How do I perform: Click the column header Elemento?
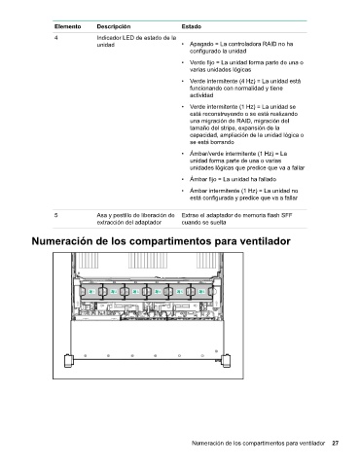tap(67, 26)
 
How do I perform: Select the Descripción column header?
tap(114, 26)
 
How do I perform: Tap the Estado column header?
tap(192, 26)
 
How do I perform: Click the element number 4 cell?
tap(56, 38)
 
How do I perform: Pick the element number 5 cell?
tap(56, 215)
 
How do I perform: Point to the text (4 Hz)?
tap(247, 81)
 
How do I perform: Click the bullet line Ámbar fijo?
tap(234, 179)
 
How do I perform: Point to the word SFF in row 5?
tap(287, 215)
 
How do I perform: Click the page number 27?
tap(336, 443)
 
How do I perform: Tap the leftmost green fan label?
tap(91, 292)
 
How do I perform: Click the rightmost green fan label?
tap(201, 292)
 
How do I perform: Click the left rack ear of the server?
tap(68, 360)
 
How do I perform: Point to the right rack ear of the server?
tap(226, 360)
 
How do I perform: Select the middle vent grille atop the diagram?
tap(148, 261)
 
